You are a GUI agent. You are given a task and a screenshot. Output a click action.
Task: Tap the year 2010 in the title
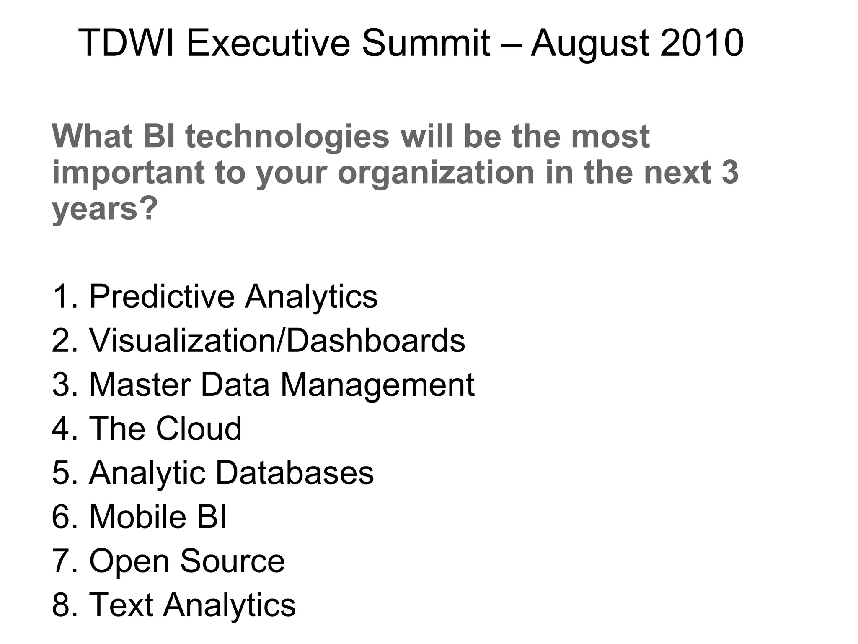point(702,43)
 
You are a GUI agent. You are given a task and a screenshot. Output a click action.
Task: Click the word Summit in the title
point(426,43)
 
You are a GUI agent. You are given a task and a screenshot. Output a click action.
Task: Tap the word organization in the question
point(436,173)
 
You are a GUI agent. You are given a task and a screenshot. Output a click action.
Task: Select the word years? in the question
point(105,209)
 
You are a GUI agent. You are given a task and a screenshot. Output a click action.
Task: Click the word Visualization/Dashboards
point(277,340)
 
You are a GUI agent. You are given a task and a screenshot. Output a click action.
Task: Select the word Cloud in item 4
point(199,428)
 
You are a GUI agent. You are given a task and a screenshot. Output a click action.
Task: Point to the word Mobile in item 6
point(137,517)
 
